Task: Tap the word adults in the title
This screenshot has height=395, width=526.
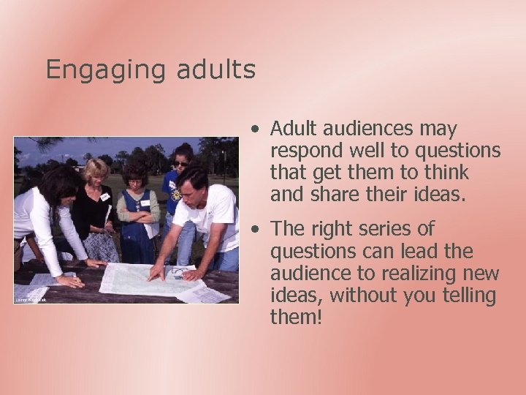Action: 216,69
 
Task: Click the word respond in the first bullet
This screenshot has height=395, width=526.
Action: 299,152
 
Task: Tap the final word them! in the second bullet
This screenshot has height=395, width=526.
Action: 296,317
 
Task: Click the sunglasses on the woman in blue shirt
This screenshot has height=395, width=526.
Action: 180,163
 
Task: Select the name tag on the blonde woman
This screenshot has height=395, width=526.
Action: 104,197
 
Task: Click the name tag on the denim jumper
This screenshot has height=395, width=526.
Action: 145,203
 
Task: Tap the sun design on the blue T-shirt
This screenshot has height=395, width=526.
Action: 175,194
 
